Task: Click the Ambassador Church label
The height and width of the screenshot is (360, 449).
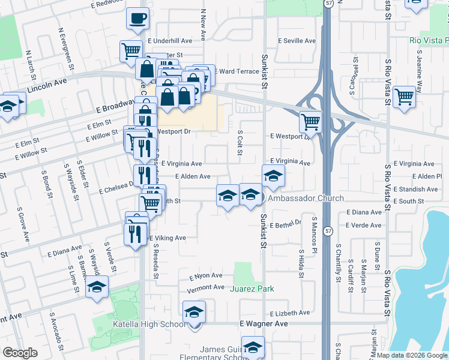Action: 306,199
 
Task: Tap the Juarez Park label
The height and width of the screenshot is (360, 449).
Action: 252,289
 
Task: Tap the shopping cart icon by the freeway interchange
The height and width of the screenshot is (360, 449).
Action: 310,122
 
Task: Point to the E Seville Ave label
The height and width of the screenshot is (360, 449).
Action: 296,41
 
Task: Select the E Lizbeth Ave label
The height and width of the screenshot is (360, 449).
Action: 290,313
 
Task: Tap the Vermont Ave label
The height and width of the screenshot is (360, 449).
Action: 206,287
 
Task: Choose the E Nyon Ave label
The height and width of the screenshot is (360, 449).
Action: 206,276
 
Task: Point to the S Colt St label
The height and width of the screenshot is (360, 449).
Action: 240,143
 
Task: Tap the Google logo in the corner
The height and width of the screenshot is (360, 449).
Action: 20,353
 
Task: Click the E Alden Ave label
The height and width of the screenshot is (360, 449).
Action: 192,176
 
